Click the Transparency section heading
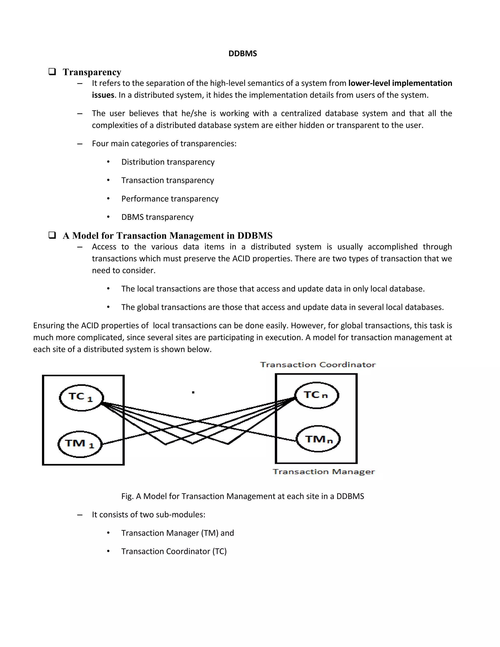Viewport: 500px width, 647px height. tap(92, 72)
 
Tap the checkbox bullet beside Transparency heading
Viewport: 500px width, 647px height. tap(52, 72)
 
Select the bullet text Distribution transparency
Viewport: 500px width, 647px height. tap(168, 162)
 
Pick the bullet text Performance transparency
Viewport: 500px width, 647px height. tap(170, 199)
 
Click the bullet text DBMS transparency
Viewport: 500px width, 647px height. tap(157, 217)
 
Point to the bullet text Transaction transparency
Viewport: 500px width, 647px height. tap(167, 180)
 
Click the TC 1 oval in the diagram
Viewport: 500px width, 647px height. tap(81, 397)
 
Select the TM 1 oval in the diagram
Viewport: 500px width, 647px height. tap(80, 444)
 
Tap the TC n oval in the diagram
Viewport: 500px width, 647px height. tap(316, 395)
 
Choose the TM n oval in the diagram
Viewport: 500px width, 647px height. tap(318, 439)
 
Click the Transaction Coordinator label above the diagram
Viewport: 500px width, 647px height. tap(318, 365)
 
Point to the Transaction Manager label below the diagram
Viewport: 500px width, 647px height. tap(323, 472)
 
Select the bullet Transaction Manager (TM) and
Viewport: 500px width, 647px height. tap(177, 533)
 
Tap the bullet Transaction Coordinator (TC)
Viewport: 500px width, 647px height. tap(174, 551)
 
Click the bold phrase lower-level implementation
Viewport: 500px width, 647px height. tap(400, 83)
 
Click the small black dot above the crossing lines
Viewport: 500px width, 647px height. tap(193, 393)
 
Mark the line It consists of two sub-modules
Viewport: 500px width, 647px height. tap(148, 515)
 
